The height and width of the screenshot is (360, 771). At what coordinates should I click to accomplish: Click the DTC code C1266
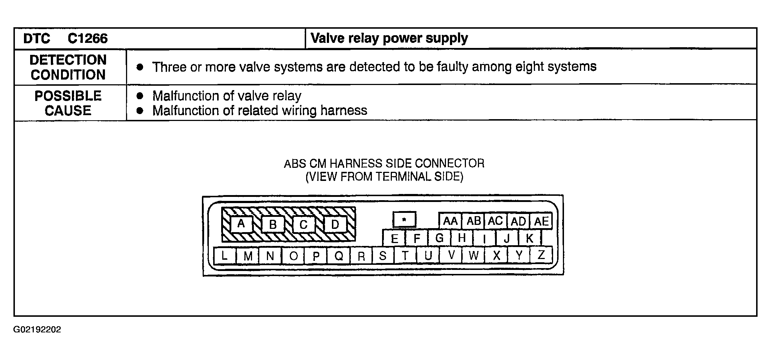tap(88, 39)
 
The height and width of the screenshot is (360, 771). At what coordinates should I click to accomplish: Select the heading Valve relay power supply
tap(389, 39)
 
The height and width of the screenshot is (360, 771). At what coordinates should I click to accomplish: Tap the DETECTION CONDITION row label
tap(68, 67)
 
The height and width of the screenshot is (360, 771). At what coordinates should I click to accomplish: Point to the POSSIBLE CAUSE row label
tap(68, 103)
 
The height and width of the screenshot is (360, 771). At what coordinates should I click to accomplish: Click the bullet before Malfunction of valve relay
tap(140, 96)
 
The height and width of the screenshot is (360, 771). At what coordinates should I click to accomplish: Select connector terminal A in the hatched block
tap(241, 224)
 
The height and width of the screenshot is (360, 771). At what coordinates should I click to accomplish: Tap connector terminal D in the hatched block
tap(335, 224)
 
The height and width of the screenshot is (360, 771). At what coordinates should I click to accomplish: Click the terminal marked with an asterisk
tap(404, 220)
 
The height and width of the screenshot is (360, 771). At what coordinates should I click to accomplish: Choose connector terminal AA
tap(450, 221)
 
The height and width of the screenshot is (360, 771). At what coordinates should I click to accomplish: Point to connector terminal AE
tap(541, 221)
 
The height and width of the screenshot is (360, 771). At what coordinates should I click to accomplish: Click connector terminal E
tap(394, 238)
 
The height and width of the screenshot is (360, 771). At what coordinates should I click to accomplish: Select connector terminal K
tap(529, 238)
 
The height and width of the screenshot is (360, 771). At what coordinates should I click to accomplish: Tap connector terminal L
tap(224, 255)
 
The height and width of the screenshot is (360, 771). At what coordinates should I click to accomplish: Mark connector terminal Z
tap(541, 255)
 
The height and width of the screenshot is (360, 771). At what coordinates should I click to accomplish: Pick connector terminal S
tap(382, 256)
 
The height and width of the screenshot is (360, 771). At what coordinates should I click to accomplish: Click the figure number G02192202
tap(37, 330)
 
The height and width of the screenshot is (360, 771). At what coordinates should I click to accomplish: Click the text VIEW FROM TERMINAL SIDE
tap(384, 177)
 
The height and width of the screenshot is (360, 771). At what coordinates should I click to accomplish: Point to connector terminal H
tap(462, 238)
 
